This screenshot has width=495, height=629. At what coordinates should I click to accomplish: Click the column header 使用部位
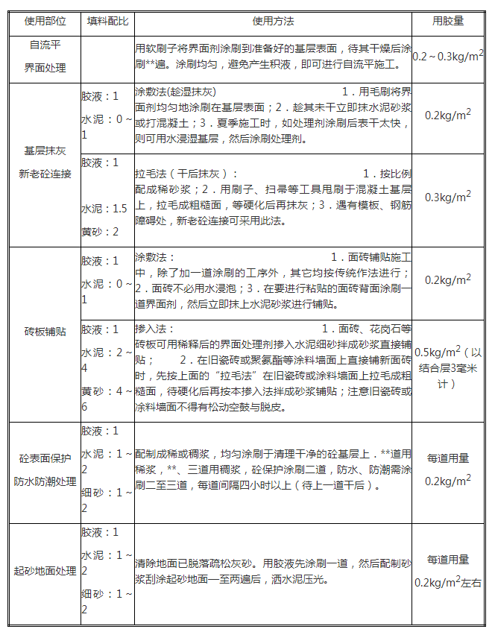click(x=45, y=22)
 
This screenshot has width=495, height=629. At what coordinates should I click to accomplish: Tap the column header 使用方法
click(x=274, y=22)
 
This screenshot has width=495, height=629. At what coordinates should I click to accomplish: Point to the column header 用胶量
click(x=448, y=22)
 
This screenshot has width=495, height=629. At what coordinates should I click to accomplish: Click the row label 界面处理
click(x=45, y=68)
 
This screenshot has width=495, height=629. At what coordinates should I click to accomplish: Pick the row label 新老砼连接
click(x=45, y=174)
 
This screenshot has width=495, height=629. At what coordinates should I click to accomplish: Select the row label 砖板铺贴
click(x=45, y=332)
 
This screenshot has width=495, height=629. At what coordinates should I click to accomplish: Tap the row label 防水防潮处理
click(x=45, y=481)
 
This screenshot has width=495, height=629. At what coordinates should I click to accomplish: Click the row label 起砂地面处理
click(x=45, y=572)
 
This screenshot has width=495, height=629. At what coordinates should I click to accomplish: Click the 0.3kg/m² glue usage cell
click(x=448, y=197)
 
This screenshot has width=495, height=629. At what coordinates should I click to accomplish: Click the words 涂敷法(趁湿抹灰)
click(x=175, y=92)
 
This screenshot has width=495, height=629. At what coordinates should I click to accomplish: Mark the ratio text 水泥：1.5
click(x=104, y=209)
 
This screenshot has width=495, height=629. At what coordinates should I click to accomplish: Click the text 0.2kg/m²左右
click(x=448, y=582)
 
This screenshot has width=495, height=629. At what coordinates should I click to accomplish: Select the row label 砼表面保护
click(x=45, y=459)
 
